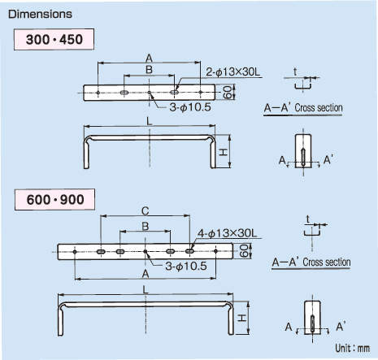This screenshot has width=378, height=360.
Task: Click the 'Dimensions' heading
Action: point(40,14)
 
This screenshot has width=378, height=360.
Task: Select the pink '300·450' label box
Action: point(54,39)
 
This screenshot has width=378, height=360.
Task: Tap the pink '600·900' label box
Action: point(55,200)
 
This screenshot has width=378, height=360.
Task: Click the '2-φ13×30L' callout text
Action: point(233,72)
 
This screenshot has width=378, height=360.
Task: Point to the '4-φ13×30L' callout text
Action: point(227,233)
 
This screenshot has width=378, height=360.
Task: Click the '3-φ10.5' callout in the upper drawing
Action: point(190,107)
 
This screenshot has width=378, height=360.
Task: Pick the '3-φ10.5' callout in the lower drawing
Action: point(186,266)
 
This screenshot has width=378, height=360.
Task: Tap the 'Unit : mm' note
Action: point(352,348)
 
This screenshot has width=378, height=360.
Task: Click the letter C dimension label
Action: point(146,210)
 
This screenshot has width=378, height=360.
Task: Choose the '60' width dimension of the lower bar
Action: point(244,251)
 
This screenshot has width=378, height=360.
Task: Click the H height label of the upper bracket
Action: point(223,153)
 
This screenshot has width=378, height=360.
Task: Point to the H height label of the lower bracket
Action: point(241,318)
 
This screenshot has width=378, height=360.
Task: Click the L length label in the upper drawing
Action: point(150,122)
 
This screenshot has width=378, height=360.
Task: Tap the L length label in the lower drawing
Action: point(146,290)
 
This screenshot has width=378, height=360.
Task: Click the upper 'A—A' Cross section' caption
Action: point(303,108)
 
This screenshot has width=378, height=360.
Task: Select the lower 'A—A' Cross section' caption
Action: point(311,262)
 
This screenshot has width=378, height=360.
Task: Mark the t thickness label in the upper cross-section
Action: point(295,72)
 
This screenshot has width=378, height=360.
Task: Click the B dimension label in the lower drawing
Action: point(146,226)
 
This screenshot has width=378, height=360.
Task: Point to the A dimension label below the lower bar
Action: point(146,274)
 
